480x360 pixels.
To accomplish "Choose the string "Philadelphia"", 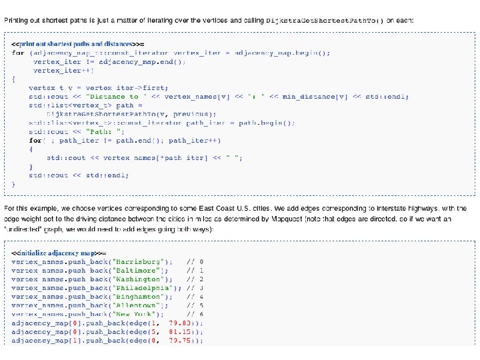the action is point(148,287).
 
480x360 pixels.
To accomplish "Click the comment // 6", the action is point(195,313).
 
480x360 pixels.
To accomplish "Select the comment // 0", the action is point(195,263).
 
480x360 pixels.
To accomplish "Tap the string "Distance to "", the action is point(115,97).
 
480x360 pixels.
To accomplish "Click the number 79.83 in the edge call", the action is point(182,323).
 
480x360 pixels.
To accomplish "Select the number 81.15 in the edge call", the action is point(182,331).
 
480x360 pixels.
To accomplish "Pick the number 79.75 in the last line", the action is point(182,340).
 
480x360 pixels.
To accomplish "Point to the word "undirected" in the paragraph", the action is point(24,229).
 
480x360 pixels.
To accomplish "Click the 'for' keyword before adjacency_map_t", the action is point(17,53).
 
